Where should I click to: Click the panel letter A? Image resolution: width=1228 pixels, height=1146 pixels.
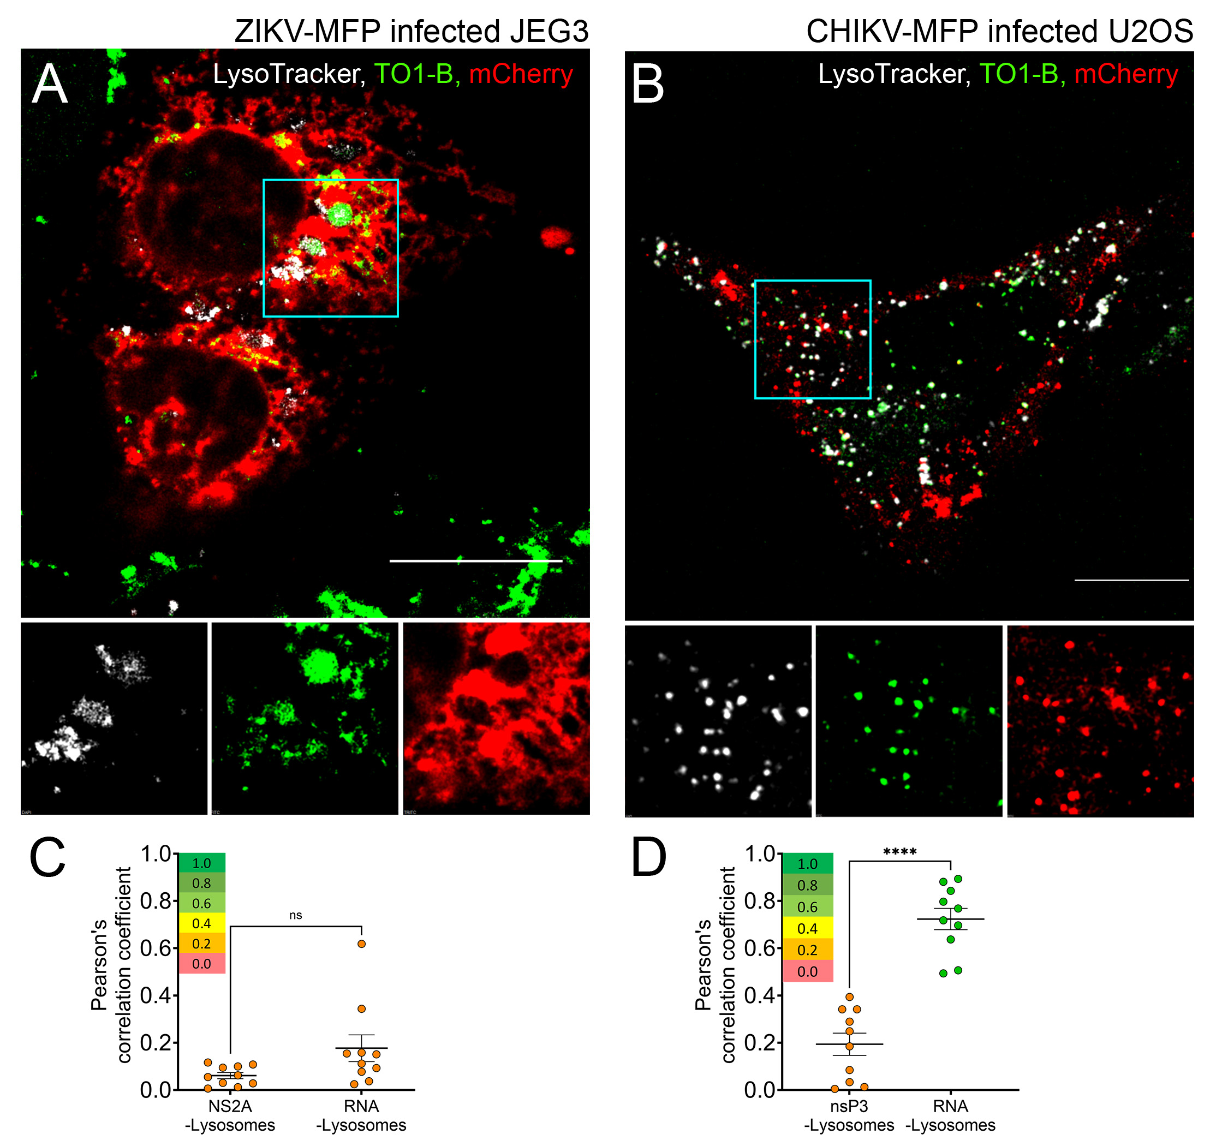coord(50,85)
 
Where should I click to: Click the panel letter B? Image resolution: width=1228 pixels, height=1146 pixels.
coord(647,85)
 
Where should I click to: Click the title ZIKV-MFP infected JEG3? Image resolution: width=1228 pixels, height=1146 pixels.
coord(412,31)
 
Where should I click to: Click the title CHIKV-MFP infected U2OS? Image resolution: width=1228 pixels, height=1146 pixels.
coord(999,31)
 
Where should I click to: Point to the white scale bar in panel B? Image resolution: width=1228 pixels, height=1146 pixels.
coord(1131,580)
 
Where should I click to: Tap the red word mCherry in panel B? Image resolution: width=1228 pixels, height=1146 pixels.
coord(1126,74)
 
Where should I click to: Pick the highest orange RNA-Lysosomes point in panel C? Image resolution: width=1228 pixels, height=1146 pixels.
coord(361,944)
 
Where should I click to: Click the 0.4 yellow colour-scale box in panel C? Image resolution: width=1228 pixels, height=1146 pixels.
coord(201,923)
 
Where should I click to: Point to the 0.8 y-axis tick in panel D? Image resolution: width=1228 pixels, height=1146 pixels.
coord(759,902)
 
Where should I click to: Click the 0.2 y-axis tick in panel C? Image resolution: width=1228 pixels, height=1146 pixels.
coord(155,1043)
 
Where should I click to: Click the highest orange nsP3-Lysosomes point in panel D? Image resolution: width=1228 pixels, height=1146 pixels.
coord(849,997)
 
